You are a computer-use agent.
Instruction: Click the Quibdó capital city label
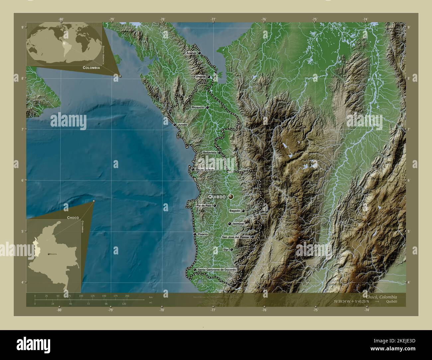(217, 197)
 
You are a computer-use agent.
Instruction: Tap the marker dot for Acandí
(199, 52)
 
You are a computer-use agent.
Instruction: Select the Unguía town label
(201, 77)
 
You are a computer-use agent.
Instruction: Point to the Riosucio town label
(198, 108)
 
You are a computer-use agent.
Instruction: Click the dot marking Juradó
(174, 125)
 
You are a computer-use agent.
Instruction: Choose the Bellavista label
(209, 152)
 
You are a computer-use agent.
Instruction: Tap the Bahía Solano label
(205, 169)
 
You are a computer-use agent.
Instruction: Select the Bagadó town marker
(243, 211)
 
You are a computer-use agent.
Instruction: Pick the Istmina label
(239, 224)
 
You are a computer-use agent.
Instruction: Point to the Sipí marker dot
(231, 249)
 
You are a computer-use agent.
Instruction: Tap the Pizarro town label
(203, 234)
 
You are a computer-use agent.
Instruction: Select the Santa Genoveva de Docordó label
(217, 270)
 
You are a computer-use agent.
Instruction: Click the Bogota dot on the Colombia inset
(50, 254)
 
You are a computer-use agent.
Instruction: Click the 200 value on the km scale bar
(127, 296)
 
